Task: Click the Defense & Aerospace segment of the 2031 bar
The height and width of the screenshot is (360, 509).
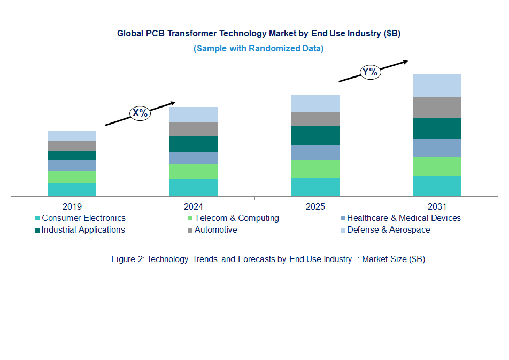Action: coord(437,86)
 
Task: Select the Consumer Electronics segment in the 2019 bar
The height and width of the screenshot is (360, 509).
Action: coord(72,190)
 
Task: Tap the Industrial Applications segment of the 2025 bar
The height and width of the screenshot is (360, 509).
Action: coord(315,135)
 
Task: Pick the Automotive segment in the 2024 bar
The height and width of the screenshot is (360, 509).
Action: coord(194,129)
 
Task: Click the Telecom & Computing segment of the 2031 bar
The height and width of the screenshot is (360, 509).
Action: coord(437,166)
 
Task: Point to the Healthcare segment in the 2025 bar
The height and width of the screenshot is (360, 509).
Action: coord(315,152)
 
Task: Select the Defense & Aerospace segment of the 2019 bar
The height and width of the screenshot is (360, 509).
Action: coord(72,136)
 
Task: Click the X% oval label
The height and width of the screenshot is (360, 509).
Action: coord(140,113)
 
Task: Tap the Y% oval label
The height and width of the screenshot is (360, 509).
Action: coord(369,72)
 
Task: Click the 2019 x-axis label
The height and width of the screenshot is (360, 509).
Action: coord(72,206)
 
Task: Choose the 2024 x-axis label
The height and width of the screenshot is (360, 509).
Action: coord(194,206)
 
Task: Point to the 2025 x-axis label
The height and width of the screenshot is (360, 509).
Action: coord(315,206)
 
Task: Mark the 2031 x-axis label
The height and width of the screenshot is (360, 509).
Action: coord(437,206)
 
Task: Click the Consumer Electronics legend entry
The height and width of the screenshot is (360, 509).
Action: coord(83,218)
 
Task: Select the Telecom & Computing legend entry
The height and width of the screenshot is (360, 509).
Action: coord(236,218)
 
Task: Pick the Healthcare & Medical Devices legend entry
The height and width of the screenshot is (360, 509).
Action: coord(403,218)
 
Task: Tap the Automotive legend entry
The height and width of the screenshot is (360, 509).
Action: coord(215,230)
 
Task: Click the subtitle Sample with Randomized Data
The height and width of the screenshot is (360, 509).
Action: coord(258,48)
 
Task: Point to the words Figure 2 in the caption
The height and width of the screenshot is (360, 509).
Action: coord(127,259)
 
